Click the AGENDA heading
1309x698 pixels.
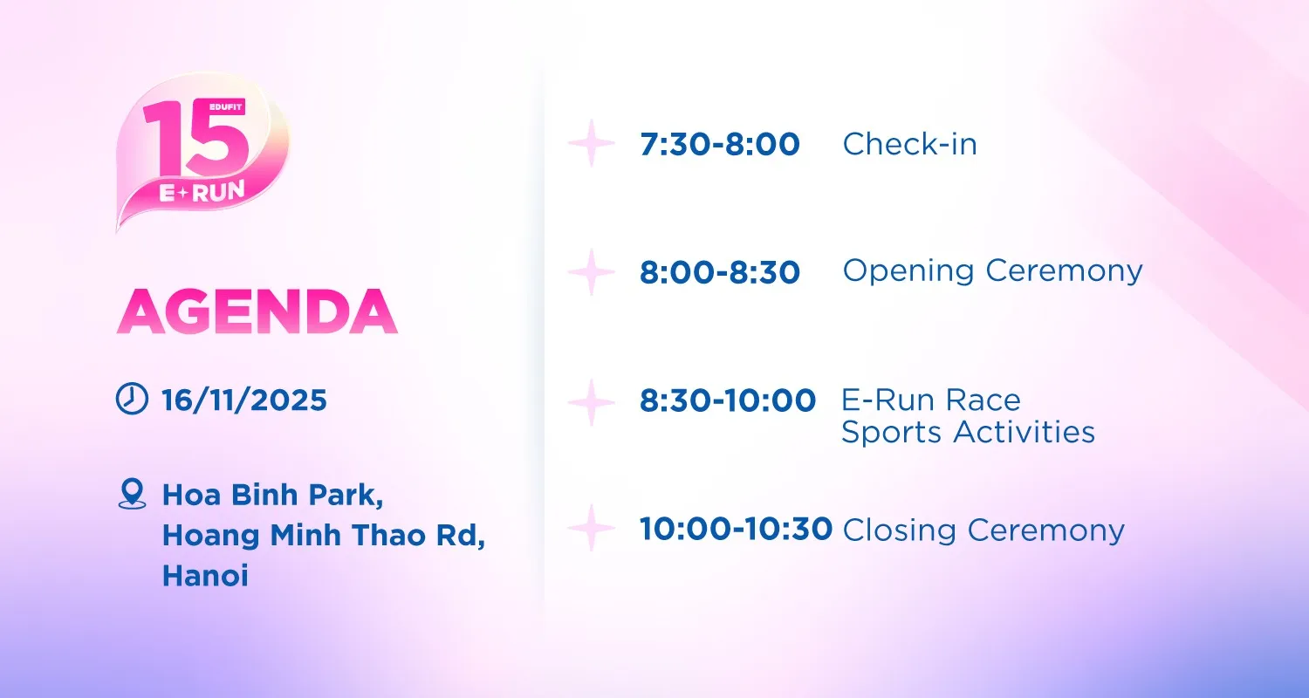click(257, 311)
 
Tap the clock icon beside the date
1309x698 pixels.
click(132, 399)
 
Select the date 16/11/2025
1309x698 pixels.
click(244, 400)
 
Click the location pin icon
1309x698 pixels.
click(132, 494)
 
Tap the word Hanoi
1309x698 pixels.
click(205, 575)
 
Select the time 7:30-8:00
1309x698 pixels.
click(720, 144)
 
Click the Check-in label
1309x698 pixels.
click(909, 144)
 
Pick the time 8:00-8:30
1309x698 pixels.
click(720, 272)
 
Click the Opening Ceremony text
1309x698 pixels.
click(992, 271)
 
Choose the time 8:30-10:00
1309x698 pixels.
click(728, 400)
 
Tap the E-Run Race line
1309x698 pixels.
click(931, 400)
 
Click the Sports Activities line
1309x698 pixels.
click(969, 432)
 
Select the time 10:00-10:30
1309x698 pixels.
click(736, 529)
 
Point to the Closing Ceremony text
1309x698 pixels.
click(983, 530)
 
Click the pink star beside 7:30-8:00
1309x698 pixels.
click(592, 143)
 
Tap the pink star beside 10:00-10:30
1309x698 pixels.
click(592, 528)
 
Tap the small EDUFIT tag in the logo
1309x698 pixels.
click(225, 107)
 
